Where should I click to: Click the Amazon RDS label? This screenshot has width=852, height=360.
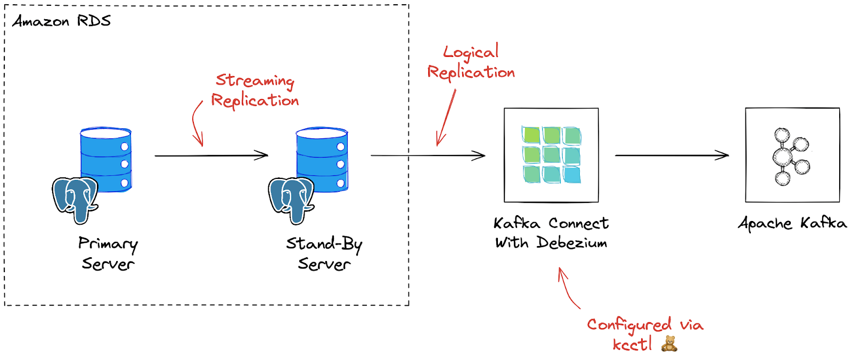click(x=61, y=21)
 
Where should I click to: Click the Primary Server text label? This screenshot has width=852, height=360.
click(x=108, y=253)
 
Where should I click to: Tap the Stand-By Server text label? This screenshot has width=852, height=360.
click(x=324, y=253)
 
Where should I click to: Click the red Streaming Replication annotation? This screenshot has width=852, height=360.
click(x=255, y=91)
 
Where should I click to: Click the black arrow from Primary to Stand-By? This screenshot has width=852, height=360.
click(x=211, y=156)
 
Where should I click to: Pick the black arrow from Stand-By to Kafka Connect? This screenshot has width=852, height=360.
click(x=428, y=156)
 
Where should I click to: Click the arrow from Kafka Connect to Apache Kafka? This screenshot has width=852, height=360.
click(x=671, y=156)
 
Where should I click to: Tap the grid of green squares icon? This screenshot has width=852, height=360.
click(x=551, y=155)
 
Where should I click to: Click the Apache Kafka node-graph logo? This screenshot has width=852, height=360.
click(x=790, y=156)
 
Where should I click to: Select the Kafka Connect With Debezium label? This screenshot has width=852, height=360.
click(x=551, y=233)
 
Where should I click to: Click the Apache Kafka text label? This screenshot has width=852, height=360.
click(x=792, y=223)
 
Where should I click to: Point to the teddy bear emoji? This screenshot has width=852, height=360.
click(x=669, y=344)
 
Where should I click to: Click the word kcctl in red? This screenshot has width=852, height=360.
click(x=632, y=345)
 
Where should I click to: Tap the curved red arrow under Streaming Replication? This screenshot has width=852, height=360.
click(x=196, y=124)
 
